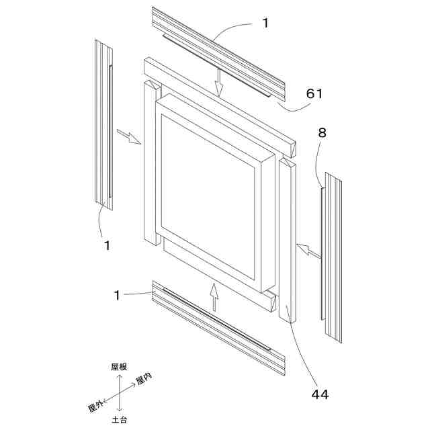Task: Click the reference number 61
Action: point(314,93)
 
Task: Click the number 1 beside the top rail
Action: point(266,23)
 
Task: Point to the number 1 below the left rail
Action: point(106,245)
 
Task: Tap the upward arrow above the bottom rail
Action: point(214,296)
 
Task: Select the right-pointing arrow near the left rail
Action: point(130,136)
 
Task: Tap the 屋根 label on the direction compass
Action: point(119,367)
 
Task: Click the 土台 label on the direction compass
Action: point(120,420)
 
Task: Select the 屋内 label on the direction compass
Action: point(144,380)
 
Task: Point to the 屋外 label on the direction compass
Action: point(95,405)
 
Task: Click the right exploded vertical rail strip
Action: point(333,256)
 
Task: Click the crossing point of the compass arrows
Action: point(120,393)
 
